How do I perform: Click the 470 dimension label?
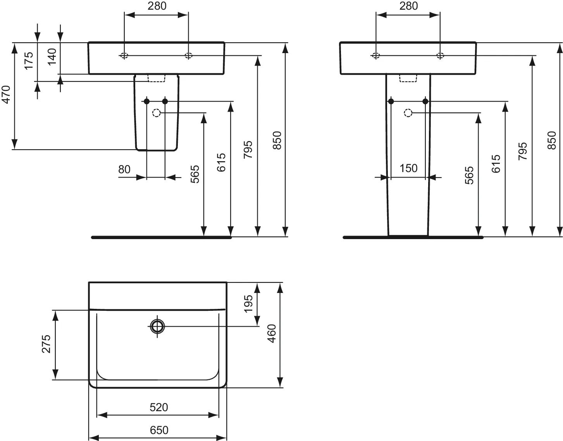tap(6, 95)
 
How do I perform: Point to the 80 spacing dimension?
tap(124, 169)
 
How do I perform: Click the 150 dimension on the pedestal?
tap(408, 168)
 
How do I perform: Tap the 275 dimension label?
tap(46, 344)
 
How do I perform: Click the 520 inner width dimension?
tap(159, 407)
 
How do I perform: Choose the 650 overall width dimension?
tap(159, 430)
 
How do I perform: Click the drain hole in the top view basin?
tap(157, 327)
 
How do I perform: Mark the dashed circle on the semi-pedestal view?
tap(156, 113)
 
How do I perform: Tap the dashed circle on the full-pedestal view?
tap(408, 113)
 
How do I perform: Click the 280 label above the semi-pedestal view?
tap(157, 6)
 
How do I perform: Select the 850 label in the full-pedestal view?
tap(552, 140)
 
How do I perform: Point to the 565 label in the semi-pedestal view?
tap(195, 174)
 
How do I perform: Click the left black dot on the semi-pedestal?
tap(146, 102)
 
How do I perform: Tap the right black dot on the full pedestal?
tap(425, 102)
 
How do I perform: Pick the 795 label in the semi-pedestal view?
tap(248, 150)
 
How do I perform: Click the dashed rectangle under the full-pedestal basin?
tap(408, 78)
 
